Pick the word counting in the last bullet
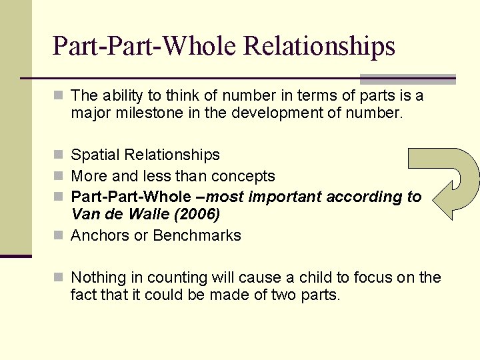pos(178,277)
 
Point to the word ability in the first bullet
pos(123,96)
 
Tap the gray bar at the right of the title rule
pos(408,78)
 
